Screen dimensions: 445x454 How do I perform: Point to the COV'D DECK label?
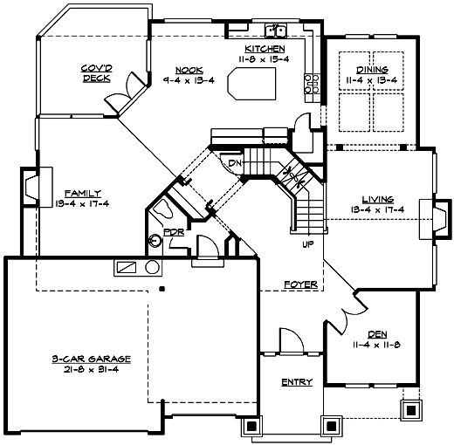click(96, 73)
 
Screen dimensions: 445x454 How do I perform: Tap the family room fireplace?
click(31, 187)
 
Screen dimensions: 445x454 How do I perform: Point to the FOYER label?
click(300, 285)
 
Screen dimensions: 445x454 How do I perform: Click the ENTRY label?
click(296, 382)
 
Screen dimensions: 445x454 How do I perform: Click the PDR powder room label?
click(173, 234)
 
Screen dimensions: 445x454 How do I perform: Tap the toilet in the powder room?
click(163, 209)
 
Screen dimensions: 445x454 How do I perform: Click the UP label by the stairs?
click(307, 244)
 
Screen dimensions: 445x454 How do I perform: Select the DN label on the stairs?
click(234, 163)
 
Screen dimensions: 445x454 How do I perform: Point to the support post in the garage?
click(162, 286)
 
